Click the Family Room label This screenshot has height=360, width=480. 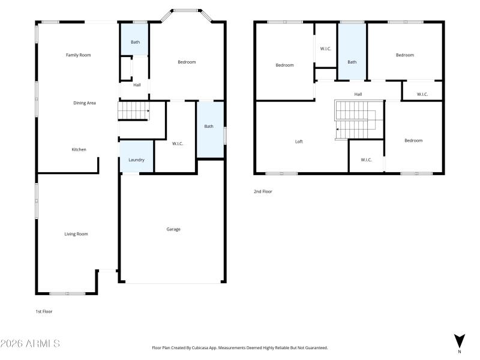point(78,55)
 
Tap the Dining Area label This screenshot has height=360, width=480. point(85,103)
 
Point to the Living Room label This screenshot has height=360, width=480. point(76,234)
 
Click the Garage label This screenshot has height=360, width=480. point(173,229)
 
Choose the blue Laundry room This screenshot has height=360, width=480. point(136,159)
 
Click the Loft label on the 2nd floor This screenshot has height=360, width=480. point(299,142)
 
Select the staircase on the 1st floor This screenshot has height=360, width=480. point(133,111)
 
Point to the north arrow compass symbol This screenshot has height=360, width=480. point(459,341)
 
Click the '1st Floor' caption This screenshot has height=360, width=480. point(44,311)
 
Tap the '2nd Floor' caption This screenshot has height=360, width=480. point(263,191)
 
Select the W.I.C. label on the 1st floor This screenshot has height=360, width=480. point(177,143)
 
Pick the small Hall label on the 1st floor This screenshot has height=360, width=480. point(137,85)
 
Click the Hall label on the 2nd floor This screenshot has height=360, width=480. point(358,94)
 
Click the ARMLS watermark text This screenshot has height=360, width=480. point(30,344)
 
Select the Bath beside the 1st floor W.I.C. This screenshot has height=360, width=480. point(209,127)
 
